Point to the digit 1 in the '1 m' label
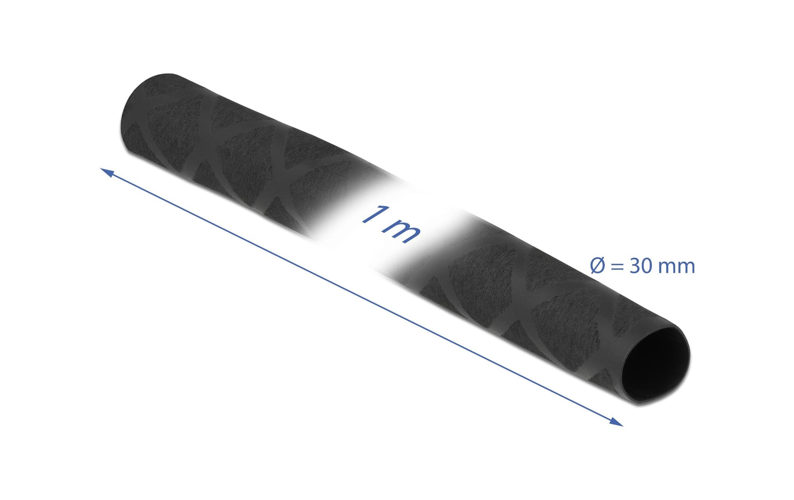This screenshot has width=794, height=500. (x=372, y=216)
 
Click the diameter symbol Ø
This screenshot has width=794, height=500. (x=598, y=266)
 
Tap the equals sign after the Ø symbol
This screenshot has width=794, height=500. (x=618, y=267)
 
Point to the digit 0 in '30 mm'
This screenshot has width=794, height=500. (x=648, y=266)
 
